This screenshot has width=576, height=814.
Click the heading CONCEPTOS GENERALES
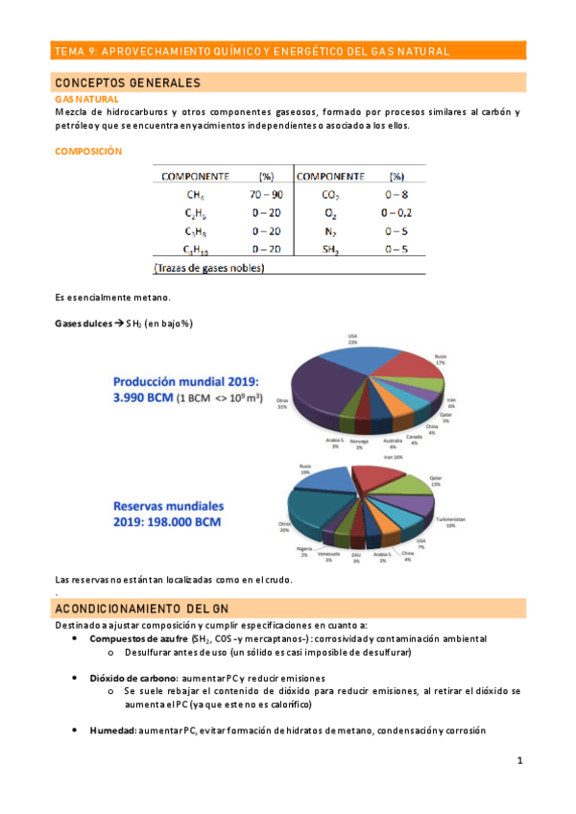pos(127,84)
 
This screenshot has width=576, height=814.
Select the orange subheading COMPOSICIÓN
pos(88,151)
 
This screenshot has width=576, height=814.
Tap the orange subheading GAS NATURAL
pos(86,99)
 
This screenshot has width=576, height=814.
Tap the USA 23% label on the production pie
pos(351,338)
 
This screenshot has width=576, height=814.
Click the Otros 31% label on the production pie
pos(281,403)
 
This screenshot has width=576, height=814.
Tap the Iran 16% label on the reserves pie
pos(395,459)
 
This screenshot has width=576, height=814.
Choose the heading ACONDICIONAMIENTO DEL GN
pos(143,608)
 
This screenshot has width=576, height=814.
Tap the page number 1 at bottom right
pos(518,761)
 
